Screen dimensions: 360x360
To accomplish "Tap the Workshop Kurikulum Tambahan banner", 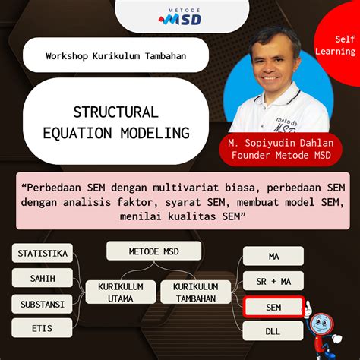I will pyautogui.click(x=115, y=56).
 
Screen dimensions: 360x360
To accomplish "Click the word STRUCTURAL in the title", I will pyautogui.click(x=115, y=112).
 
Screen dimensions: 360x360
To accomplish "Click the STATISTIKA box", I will pyautogui.click(x=43, y=253).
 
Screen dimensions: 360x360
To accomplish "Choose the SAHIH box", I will pyautogui.click(x=43, y=278).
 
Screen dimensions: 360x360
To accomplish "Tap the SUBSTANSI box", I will pyautogui.click(x=43, y=304).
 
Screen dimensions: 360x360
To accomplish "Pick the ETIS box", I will pyautogui.click(x=43, y=329).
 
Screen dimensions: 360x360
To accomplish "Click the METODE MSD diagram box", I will pyautogui.click(x=153, y=251).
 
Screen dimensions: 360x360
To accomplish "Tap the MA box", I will pyautogui.click(x=273, y=256).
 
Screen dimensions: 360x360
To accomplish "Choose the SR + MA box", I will pyautogui.click(x=273, y=281).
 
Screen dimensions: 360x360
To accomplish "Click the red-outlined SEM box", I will pyautogui.click(x=273, y=306).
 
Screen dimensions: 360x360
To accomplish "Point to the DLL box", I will pyautogui.click(x=273, y=330).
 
